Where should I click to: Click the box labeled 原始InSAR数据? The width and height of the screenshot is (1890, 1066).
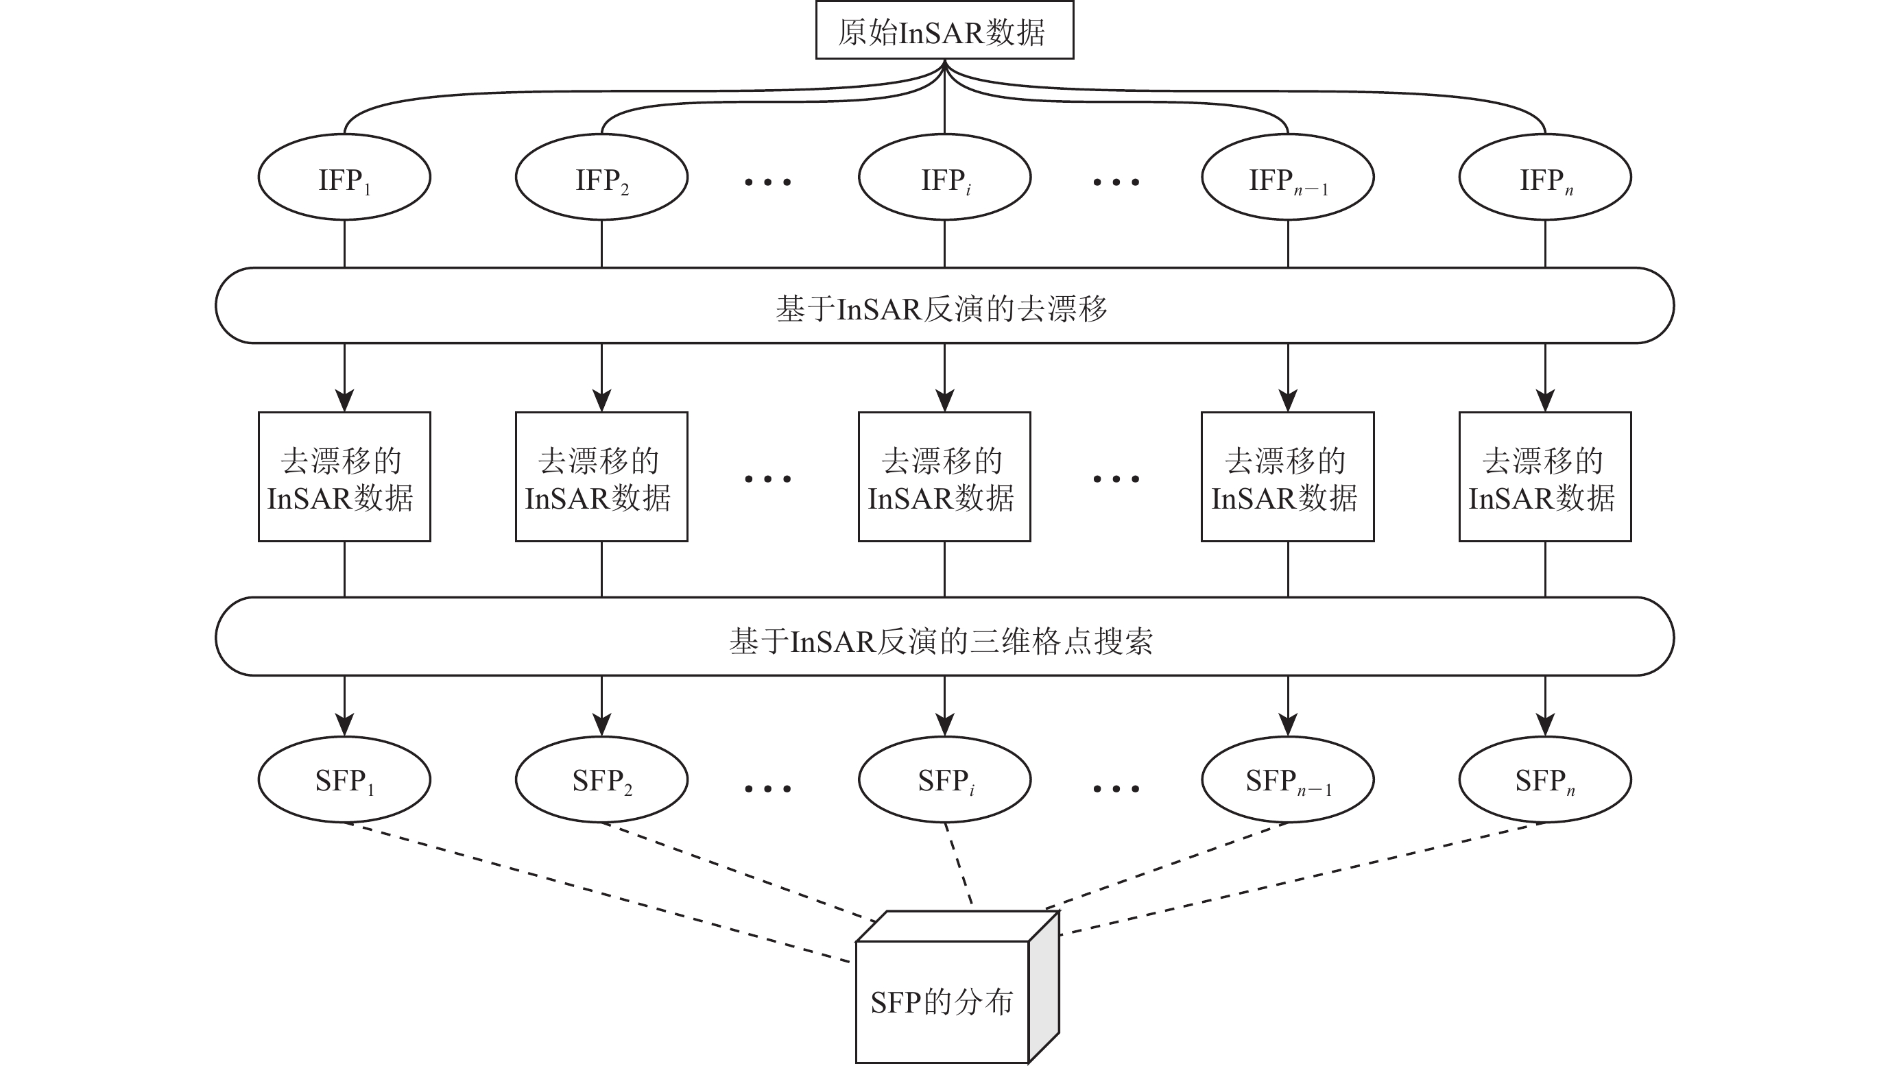pos(944,31)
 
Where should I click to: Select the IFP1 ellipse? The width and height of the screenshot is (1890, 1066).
pos(344,178)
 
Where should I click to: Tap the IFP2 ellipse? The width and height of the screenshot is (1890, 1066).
pos(601,178)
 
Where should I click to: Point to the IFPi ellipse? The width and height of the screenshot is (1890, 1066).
pos(944,178)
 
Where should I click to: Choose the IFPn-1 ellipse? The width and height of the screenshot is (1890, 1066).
pos(1288,178)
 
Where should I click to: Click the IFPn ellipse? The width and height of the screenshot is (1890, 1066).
pos(1545,178)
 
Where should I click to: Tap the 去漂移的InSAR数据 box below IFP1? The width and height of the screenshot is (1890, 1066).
pos(344,477)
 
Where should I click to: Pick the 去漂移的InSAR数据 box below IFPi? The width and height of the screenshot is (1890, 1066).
pos(944,477)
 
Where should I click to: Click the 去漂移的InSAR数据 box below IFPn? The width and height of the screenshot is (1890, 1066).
pos(1545,477)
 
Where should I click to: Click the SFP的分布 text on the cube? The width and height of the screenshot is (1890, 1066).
pos(942,1002)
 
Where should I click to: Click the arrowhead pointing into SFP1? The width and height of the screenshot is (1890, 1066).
pos(344,725)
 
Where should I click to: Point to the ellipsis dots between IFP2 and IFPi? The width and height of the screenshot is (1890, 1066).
pos(767,182)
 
